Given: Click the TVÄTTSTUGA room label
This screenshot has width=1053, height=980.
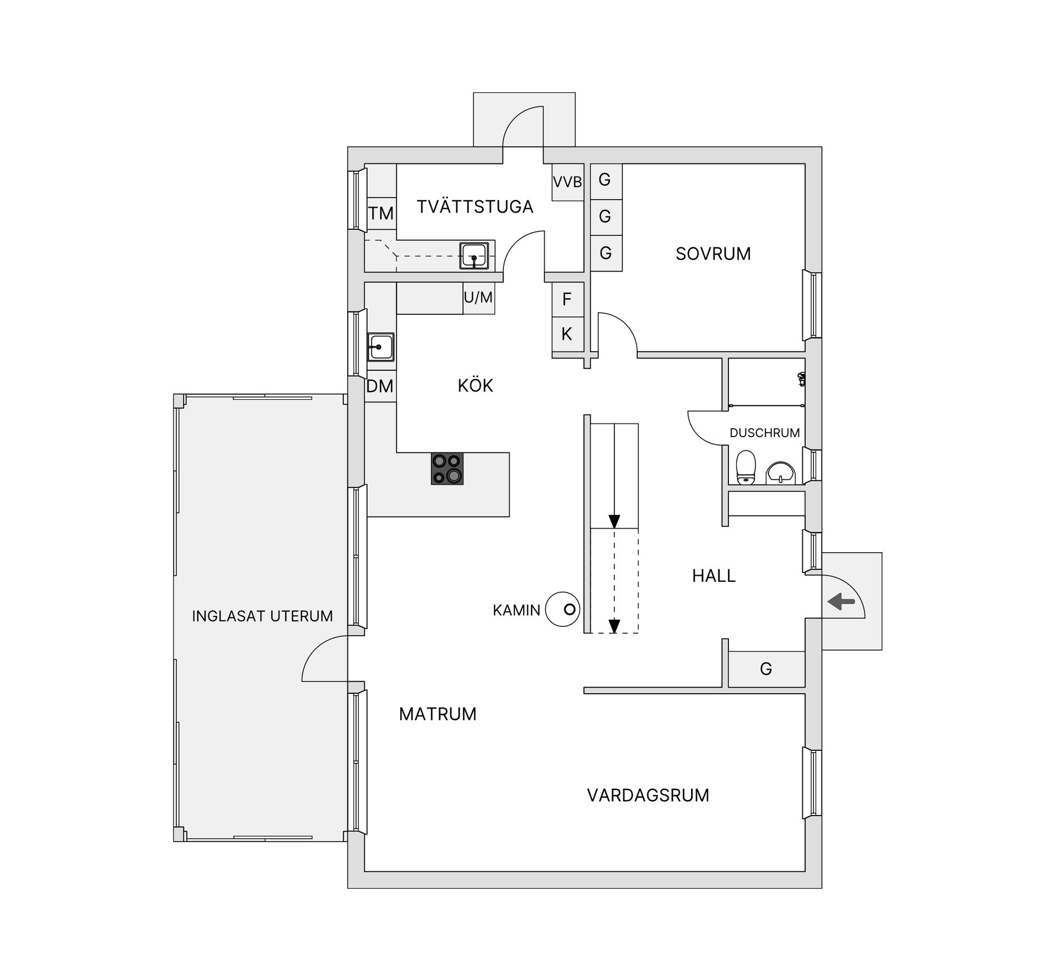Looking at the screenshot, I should [474, 207].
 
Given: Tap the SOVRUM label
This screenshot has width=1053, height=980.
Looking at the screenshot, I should [713, 254].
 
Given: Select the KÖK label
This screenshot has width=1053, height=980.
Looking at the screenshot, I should [475, 386].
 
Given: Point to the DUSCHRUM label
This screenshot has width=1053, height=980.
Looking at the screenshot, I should [765, 433].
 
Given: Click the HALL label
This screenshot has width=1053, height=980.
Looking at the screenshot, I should [714, 576].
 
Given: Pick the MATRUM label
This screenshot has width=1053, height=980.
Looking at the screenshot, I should [438, 714].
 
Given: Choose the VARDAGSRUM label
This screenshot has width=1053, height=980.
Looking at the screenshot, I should [648, 795].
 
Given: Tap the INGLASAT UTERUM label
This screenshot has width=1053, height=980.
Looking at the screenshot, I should [262, 616].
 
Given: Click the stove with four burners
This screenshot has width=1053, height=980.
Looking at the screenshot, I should [447, 469].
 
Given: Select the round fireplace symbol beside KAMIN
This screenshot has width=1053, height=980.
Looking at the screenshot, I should [563, 609].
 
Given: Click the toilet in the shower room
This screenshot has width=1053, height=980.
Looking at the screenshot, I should [745, 468].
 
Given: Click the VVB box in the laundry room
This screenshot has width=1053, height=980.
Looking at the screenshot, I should [567, 182].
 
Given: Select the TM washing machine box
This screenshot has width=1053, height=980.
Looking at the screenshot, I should [381, 213].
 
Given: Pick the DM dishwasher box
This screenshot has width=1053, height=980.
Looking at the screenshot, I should [380, 387].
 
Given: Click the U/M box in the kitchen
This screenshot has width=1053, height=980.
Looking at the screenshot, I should [478, 298].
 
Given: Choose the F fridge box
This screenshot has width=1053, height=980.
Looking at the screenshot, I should [567, 299].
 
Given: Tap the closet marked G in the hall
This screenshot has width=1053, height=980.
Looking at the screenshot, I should [766, 669].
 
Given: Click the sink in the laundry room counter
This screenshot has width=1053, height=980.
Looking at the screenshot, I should [474, 256].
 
